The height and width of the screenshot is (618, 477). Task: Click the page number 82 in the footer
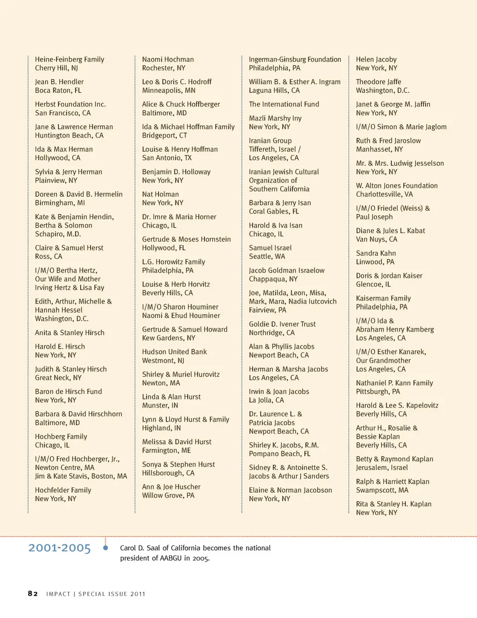pyautogui.click(x=33, y=594)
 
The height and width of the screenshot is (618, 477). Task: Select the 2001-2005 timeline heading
pyautogui.click(x=60, y=548)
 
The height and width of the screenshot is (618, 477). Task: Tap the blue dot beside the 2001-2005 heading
pyautogui.click(x=105, y=548)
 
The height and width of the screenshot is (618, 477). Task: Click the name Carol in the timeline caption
pyautogui.click(x=128, y=548)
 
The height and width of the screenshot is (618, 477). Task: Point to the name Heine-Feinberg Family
pyautogui.click(x=70, y=60)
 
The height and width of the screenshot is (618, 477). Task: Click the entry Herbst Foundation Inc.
pyautogui.click(x=70, y=104)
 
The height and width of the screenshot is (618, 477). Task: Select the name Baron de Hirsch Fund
pyautogui.click(x=68, y=392)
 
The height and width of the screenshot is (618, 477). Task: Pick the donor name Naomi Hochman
pyautogui.click(x=168, y=60)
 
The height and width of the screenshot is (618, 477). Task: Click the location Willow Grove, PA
pyautogui.click(x=168, y=496)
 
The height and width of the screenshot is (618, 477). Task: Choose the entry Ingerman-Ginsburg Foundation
pyautogui.click(x=295, y=60)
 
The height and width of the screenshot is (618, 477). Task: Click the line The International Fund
pyautogui.click(x=284, y=104)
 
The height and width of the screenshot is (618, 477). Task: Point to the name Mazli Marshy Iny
pyautogui.click(x=275, y=118)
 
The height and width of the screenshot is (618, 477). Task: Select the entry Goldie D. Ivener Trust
pyautogui.click(x=282, y=324)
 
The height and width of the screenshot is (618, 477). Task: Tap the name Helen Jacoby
pyautogui.click(x=376, y=60)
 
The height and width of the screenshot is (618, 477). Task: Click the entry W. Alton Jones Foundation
pyautogui.click(x=397, y=186)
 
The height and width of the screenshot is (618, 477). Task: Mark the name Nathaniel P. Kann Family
pyautogui.click(x=394, y=383)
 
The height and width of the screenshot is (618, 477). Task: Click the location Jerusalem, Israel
pyautogui.click(x=382, y=468)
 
